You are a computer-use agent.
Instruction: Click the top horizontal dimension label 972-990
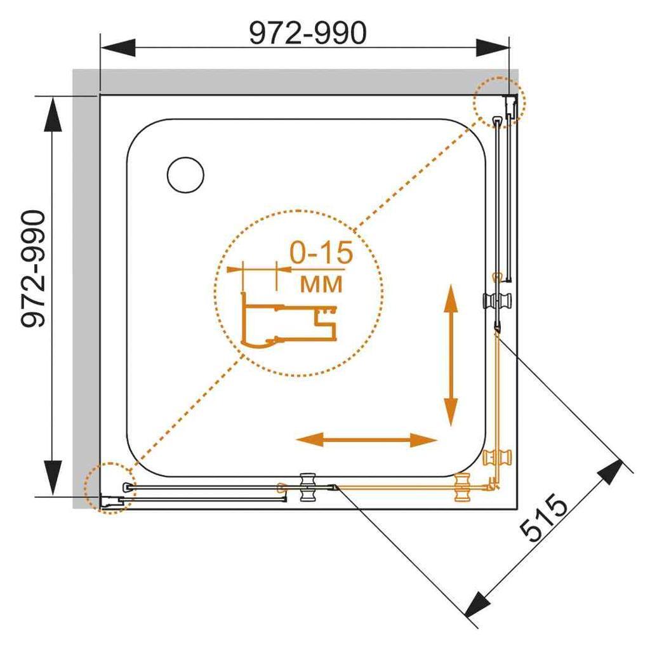pos(307,33)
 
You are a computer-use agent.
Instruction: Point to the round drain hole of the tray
pos(185,175)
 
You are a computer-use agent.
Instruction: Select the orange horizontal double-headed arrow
pos(367,439)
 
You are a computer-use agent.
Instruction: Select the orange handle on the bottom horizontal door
pos(464,488)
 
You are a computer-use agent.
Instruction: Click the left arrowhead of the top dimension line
pos(118,47)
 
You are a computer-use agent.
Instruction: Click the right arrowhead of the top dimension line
pos(493,47)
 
